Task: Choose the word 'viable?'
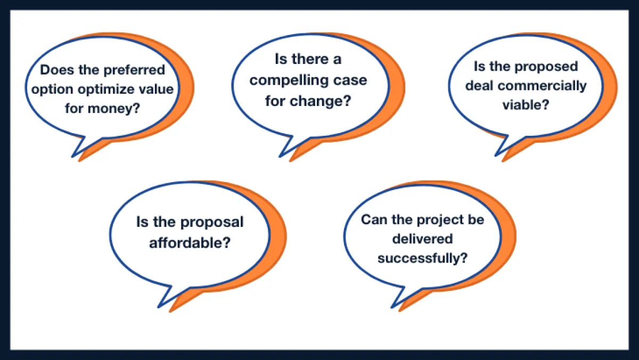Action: (525, 105)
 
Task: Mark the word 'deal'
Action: (480, 86)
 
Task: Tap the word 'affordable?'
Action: (190, 242)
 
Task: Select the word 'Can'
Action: (374, 219)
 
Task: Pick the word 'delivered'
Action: (422, 239)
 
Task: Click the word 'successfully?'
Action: (422, 258)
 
